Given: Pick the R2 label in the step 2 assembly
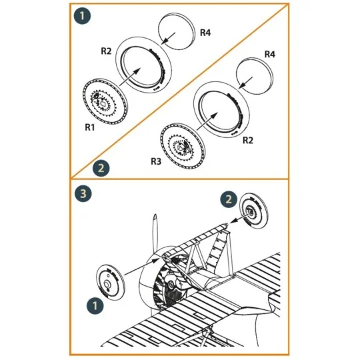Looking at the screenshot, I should click(x=249, y=141).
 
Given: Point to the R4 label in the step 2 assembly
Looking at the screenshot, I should click(x=270, y=53).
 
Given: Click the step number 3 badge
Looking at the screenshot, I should click(x=83, y=194).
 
